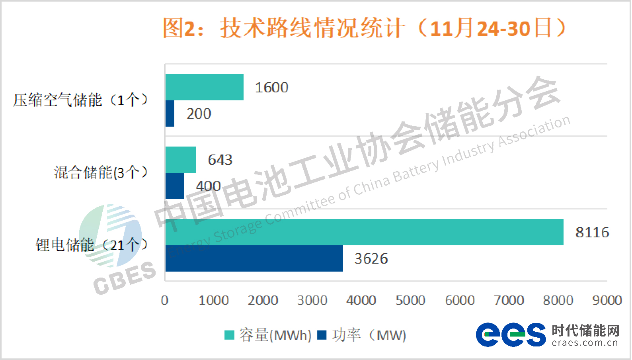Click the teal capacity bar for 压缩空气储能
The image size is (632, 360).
click(204, 87)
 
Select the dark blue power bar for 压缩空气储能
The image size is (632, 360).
click(170, 113)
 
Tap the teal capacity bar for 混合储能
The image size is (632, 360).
click(181, 160)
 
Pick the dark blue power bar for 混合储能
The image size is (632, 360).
click(175, 186)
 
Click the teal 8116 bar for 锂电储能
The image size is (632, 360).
click(364, 232)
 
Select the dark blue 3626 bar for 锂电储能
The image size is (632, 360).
click(254, 258)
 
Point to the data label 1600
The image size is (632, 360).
click(271, 88)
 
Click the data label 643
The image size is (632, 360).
click(220, 160)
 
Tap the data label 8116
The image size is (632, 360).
click(592, 233)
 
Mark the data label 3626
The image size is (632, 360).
click(371, 259)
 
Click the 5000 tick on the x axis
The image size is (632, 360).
click(410, 301)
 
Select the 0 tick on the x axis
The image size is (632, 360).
click(165, 301)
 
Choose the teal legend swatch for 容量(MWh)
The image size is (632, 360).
click(229, 335)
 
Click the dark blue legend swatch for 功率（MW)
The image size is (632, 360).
click(322, 335)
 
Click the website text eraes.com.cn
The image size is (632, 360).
click(585, 343)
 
